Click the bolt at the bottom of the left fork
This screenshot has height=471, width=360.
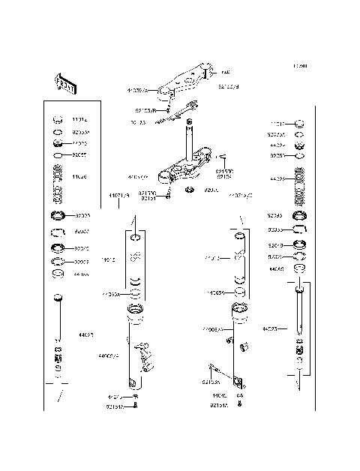[135, 405]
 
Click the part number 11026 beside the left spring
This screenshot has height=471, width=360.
[79, 177]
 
